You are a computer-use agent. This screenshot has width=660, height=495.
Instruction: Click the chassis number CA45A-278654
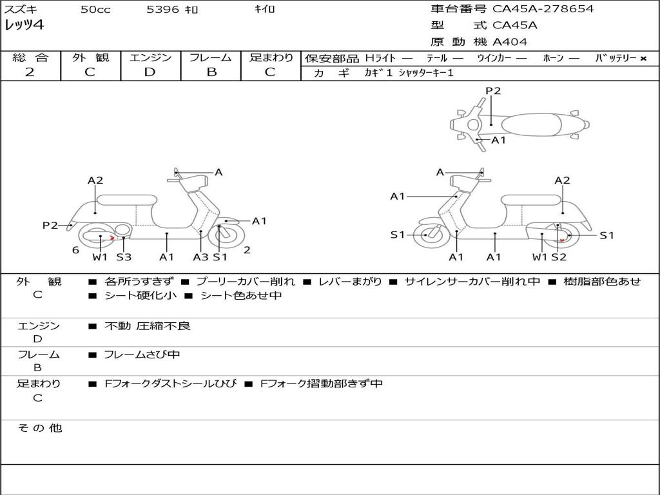point(543,9)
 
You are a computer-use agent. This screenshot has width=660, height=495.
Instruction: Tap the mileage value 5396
point(163,10)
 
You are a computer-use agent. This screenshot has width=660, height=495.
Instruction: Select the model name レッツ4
point(24,26)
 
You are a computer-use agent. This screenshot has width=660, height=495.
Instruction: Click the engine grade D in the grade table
point(150,72)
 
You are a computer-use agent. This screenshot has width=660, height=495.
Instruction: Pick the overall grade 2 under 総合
point(30,72)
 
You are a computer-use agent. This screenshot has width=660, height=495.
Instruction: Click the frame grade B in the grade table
point(211,72)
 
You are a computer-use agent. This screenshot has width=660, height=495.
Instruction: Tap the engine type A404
point(510,42)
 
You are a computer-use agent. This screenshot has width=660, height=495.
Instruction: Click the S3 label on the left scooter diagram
point(124,257)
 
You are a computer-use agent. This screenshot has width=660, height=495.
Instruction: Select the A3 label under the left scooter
point(200,257)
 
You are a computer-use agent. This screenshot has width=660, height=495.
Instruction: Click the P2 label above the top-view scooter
point(493,91)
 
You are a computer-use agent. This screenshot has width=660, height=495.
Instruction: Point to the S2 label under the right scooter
point(558,257)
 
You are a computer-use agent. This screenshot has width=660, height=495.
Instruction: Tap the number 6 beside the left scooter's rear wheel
point(75,250)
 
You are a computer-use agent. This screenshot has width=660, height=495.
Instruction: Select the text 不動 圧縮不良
point(148,326)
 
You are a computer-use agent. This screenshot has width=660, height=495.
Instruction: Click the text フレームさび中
point(142,354)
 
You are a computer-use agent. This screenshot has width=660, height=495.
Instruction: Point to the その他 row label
point(39,428)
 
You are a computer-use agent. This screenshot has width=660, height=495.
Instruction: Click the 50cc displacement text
point(95,10)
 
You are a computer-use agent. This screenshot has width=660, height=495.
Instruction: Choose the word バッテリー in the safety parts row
point(616,58)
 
